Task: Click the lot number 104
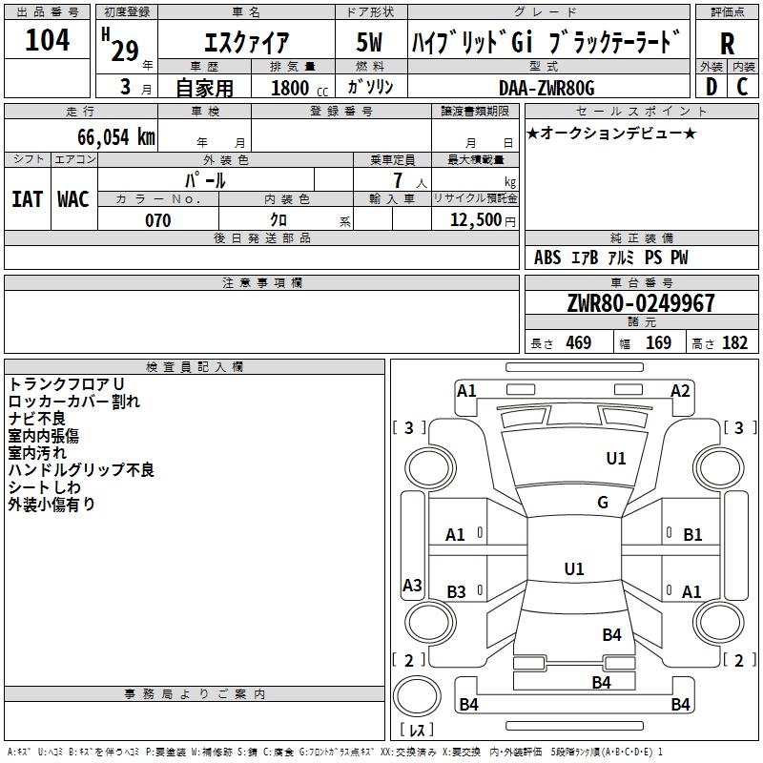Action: coord(47,40)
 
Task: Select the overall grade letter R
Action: coord(727,44)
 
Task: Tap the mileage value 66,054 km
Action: coord(116,136)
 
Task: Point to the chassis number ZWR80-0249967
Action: coord(641,303)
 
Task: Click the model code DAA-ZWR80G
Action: coord(546,88)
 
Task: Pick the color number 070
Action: coord(157,220)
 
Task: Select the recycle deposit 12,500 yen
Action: coord(483,220)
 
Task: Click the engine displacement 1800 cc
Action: coord(299,88)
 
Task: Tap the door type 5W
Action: coord(369,42)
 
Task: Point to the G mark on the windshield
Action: coord(603,503)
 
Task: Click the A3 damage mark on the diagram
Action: coord(412,585)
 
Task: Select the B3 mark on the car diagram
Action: coord(456,591)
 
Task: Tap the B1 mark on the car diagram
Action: coord(692,535)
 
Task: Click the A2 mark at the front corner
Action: coord(680,391)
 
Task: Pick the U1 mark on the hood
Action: coord(615,458)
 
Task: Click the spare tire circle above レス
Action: coord(417,696)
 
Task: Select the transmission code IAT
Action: coord(28,199)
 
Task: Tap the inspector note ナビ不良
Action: coord(37,419)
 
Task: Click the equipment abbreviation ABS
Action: coord(547,258)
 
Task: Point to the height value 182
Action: coord(734,343)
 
